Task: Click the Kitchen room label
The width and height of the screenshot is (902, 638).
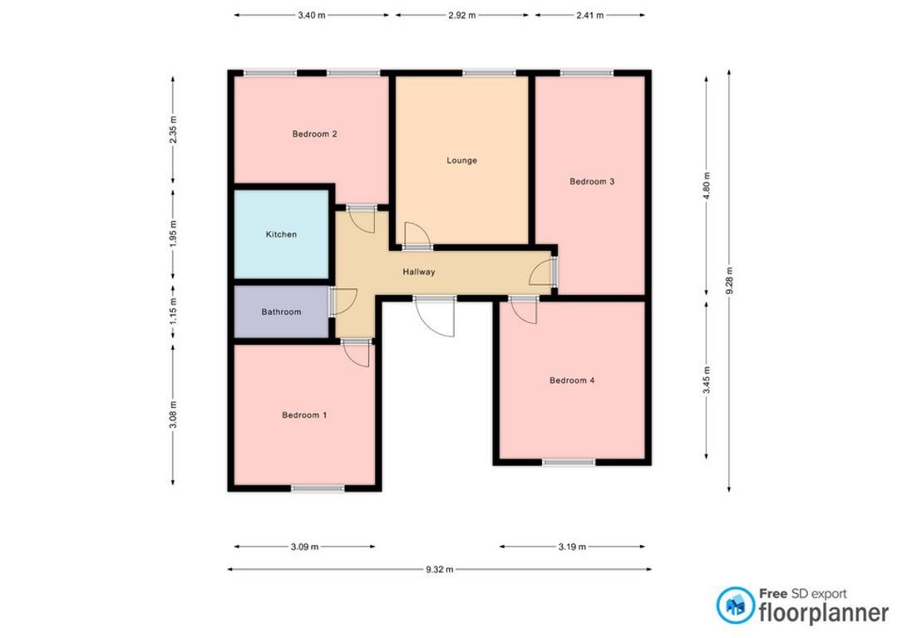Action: coord(281,234)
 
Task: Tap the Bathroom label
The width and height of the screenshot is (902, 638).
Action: coord(281,312)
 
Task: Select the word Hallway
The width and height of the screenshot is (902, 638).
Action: coord(419,272)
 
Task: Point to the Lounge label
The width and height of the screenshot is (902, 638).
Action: coord(462,160)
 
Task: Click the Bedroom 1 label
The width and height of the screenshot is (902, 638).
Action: coord(304,415)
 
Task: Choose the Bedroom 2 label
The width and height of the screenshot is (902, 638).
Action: coord(315,134)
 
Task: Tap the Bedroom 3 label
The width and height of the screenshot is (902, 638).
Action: coord(592,182)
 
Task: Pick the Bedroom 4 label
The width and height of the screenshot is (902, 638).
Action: coord(572,380)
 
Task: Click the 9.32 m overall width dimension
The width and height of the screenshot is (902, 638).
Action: coord(440,570)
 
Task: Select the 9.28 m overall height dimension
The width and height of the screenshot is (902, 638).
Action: coord(729,281)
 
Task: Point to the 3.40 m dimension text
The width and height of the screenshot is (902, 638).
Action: coord(312,16)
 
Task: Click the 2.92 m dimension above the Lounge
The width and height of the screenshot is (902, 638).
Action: coord(462,16)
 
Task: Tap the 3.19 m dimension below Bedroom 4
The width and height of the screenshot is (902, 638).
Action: coord(572,547)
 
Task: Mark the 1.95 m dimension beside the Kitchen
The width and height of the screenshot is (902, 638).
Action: coord(173,234)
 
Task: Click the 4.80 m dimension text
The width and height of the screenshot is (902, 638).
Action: coord(707,185)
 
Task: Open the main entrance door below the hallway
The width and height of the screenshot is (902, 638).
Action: coord(435,317)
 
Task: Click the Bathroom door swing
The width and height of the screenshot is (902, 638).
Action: coord(343,302)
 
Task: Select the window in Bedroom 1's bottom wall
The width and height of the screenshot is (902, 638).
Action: coord(318,488)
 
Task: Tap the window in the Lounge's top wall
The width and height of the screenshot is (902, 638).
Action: coord(489,73)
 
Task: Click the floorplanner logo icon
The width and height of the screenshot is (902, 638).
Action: coord(736,606)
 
